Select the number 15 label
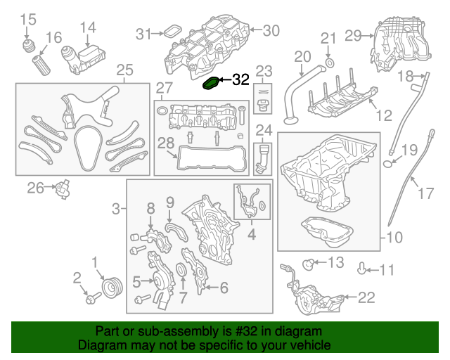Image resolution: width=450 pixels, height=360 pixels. click(x=27, y=19)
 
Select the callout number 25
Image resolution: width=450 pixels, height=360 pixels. click(x=124, y=70)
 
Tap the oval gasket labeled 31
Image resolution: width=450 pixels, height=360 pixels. click(x=171, y=32)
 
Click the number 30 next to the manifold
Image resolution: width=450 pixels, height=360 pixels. click(x=271, y=30)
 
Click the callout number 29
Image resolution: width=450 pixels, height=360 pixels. click(x=353, y=34)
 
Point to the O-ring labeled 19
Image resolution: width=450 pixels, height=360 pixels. click(x=388, y=165)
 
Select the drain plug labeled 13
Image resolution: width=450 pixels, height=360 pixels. click(x=307, y=264)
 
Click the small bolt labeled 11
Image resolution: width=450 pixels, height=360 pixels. click(x=363, y=268)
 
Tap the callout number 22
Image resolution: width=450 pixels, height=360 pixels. click(x=366, y=298)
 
